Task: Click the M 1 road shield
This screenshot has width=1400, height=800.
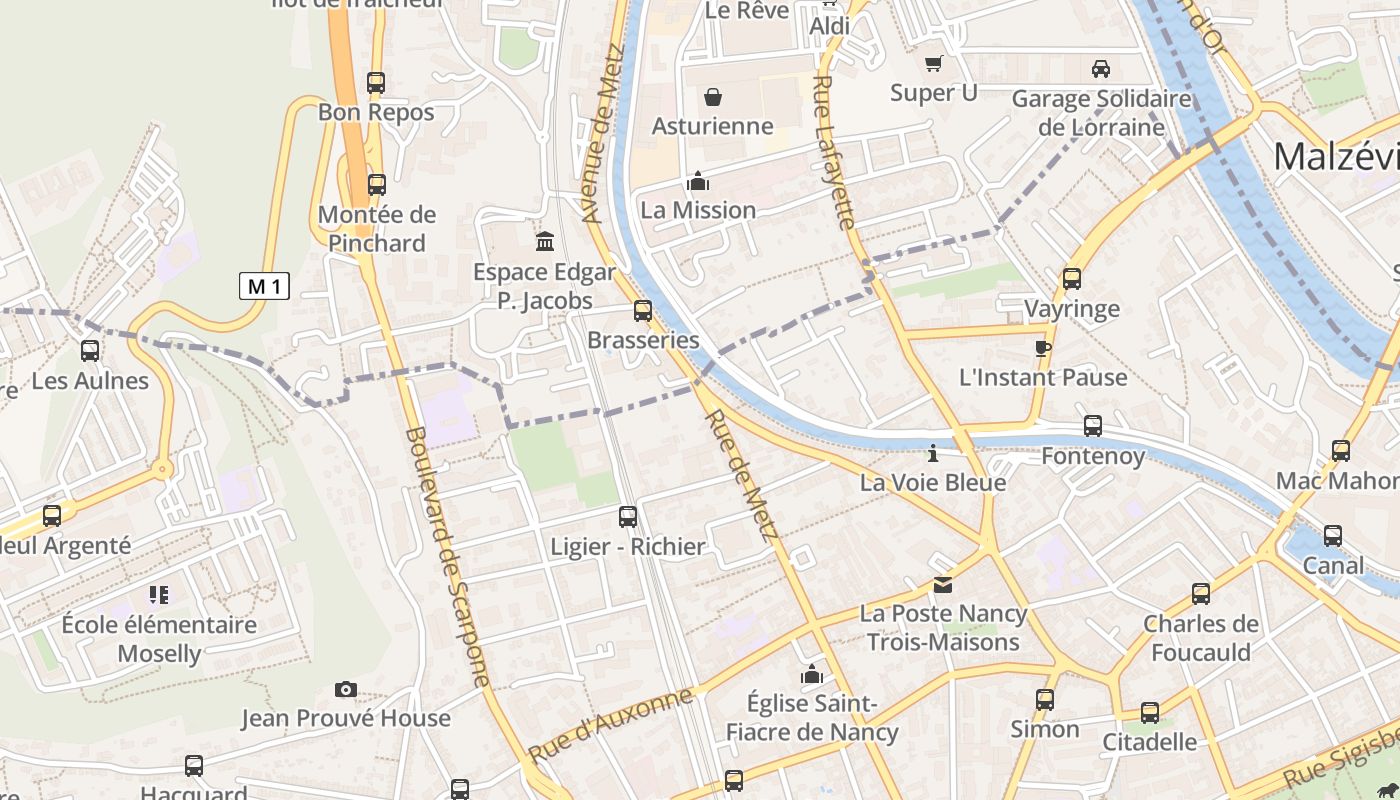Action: point(265,286)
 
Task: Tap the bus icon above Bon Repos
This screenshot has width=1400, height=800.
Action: point(376,83)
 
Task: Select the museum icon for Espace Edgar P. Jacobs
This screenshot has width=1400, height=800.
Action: point(545,241)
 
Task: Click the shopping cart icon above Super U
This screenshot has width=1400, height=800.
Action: point(934,64)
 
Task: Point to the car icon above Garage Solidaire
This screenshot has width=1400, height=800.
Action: point(1101,69)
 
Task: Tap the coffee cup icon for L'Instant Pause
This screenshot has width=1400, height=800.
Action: point(1043,348)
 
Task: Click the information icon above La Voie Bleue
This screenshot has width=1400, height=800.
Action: point(933,454)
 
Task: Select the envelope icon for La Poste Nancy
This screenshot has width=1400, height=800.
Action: point(943,585)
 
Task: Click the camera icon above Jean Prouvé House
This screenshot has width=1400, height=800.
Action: point(346,689)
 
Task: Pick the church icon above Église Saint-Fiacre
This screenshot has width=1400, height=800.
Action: point(812,674)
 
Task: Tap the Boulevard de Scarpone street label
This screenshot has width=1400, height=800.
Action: point(449,557)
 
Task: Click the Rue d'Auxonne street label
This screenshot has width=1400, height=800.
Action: point(610,725)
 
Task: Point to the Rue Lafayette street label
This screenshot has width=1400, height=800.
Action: point(835,152)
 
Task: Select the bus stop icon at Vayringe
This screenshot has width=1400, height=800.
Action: point(1072,279)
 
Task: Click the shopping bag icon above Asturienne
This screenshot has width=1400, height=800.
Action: point(713,97)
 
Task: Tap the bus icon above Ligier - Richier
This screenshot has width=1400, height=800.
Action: point(628,517)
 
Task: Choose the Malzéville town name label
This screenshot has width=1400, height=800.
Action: point(1336,157)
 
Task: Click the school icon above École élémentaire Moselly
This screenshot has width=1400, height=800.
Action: point(159,595)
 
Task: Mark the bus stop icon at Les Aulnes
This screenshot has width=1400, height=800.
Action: point(90,351)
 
